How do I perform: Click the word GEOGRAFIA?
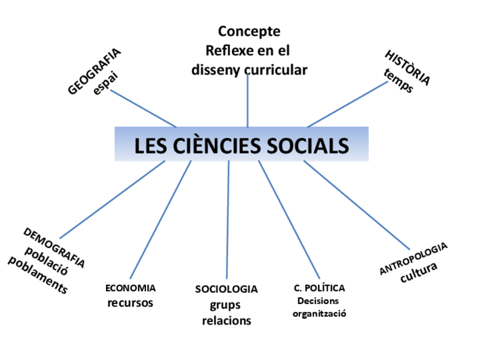pos(94,71)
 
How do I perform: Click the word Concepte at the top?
pos(249,31)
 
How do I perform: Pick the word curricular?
pos(276,70)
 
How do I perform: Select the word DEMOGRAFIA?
pos(54,247)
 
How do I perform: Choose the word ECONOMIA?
pos(130,288)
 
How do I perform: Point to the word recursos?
pos(130,303)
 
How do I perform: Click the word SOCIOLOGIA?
pos(226,289)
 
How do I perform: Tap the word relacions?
pos(226,321)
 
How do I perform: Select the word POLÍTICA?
pos(327,288)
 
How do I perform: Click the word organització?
pos(319,314)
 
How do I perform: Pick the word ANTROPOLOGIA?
pos(413,259)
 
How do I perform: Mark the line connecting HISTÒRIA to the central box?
pos(346,104)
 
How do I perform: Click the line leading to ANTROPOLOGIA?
pos(357,205)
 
